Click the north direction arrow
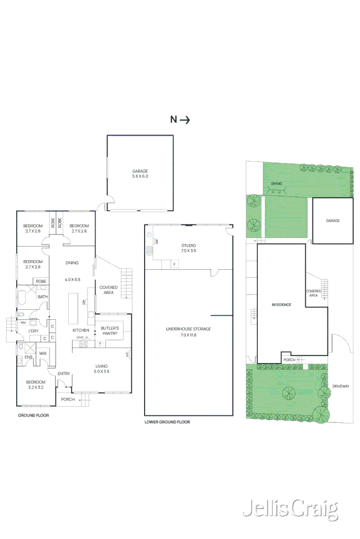(185, 120)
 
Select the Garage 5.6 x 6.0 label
(140, 174)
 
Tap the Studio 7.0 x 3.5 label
(189, 248)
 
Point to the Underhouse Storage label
(189, 331)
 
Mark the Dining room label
(72, 263)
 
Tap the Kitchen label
(81, 330)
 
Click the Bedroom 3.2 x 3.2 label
(36, 385)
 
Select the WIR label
(43, 354)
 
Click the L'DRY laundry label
(33, 330)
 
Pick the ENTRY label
(64, 374)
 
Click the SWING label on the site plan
(276, 183)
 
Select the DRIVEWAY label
(341, 386)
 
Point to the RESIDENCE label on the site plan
(281, 305)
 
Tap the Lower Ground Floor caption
(167, 422)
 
